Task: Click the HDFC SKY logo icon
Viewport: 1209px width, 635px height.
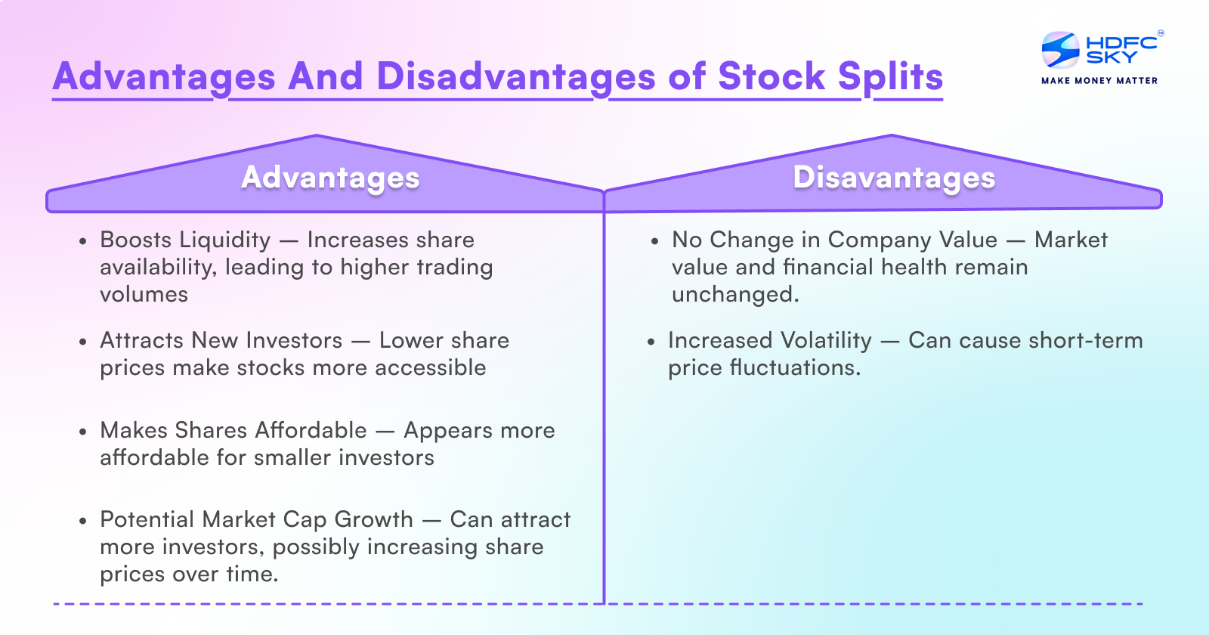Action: pos(1060,50)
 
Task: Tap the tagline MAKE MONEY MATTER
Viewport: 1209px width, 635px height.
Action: pos(1099,80)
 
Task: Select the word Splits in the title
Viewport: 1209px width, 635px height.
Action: pos(890,77)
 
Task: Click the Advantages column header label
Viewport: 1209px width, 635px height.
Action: pos(330,178)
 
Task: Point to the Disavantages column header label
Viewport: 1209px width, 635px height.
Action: pos(894,178)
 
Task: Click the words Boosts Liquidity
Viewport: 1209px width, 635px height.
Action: pos(185,240)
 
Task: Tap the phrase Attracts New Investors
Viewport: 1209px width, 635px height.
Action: pos(221,341)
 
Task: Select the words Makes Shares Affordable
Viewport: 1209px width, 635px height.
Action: pos(233,431)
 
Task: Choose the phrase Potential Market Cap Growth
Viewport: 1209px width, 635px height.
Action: pos(256,520)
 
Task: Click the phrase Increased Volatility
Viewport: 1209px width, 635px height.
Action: pos(769,341)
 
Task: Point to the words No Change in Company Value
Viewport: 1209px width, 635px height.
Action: pos(834,240)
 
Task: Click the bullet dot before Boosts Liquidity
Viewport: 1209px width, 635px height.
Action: pos(83,242)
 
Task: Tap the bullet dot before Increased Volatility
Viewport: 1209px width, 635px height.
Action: pos(651,342)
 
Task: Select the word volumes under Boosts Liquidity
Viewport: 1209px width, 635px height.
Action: pos(144,295)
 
